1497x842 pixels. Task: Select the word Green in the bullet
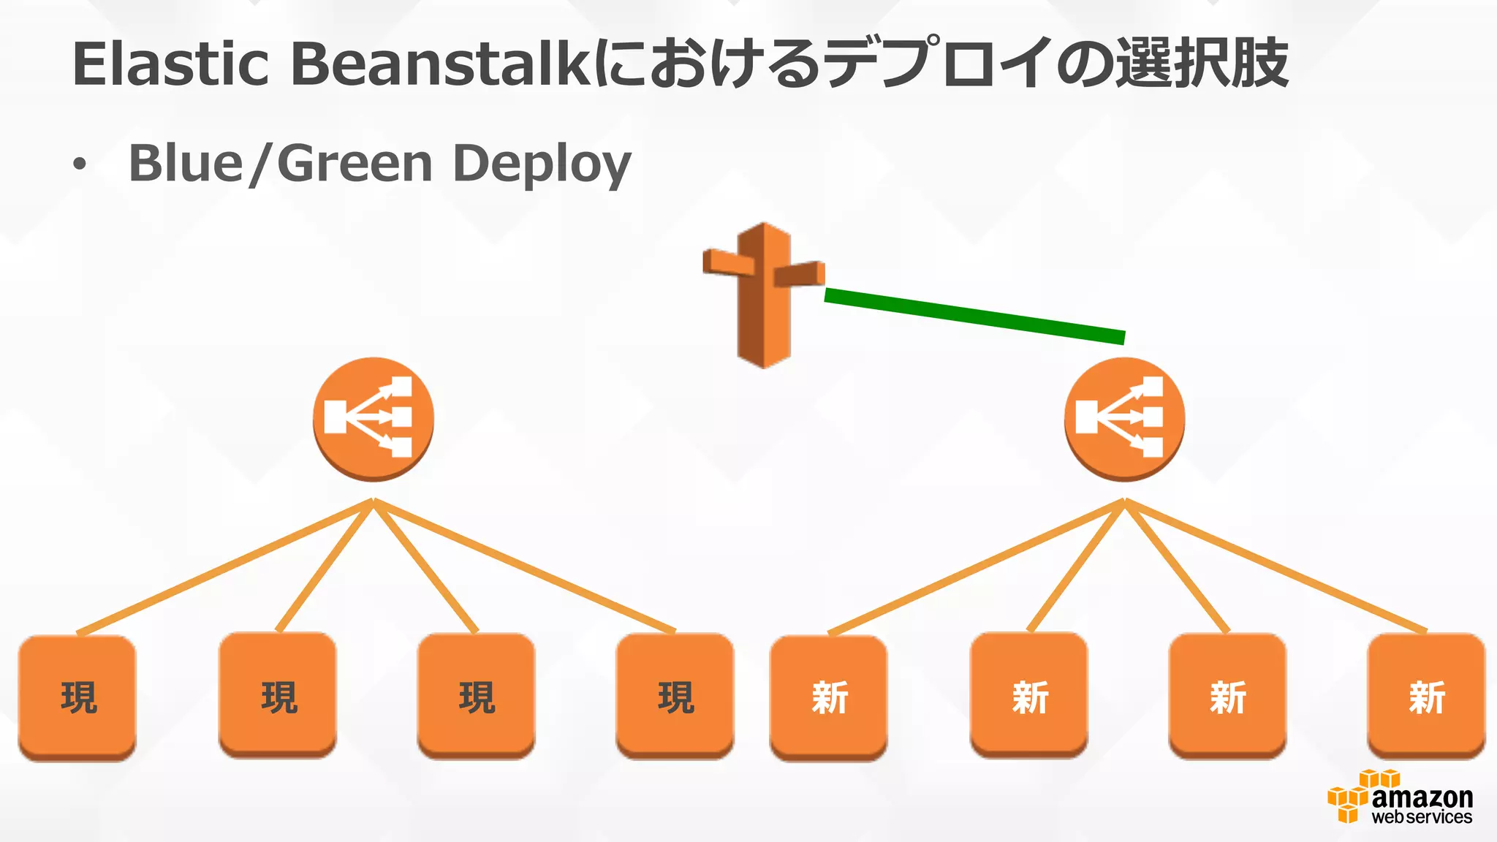355,163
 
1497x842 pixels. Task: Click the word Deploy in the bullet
542,164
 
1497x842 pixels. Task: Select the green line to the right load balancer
974,315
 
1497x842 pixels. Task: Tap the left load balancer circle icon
374,418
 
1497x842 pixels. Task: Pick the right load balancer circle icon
1124,418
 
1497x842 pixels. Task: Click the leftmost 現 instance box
77,697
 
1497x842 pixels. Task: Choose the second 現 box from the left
278,695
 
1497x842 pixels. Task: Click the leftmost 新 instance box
829,697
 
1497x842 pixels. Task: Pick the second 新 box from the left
1029,695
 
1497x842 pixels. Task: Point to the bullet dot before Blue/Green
79,166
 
